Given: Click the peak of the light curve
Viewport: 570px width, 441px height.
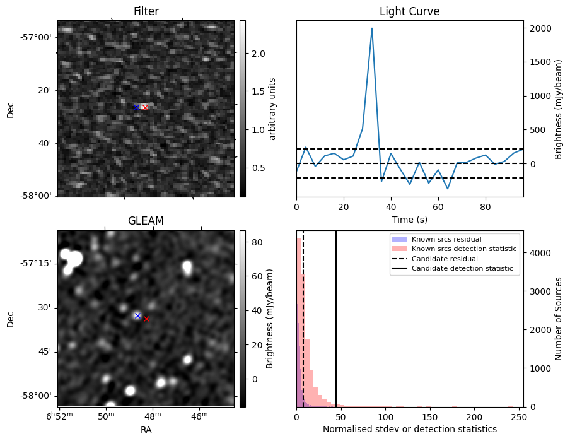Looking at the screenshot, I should (372, 28).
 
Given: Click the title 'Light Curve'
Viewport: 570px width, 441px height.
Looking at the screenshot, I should (409, 11).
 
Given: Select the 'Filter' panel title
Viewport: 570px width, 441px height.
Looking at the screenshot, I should (146, 11).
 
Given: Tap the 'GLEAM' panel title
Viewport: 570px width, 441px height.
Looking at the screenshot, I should (146, 221).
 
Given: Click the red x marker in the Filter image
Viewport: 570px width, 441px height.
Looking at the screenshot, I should (145, 107).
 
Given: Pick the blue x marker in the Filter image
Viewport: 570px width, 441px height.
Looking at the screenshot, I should (136, 107).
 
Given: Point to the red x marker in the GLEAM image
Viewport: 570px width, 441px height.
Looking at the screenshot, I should (146, 319).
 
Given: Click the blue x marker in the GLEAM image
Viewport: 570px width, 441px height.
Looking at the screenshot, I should (137, 315).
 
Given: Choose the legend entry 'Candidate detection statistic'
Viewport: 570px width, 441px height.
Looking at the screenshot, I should (463, 269).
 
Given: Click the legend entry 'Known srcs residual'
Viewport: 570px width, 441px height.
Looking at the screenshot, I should (446, 239).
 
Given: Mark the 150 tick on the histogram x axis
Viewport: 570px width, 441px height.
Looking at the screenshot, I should (430, 416).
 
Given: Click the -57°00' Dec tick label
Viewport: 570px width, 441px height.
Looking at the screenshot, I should (36, 37).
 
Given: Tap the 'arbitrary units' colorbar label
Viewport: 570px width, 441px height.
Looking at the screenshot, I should (272, 109).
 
